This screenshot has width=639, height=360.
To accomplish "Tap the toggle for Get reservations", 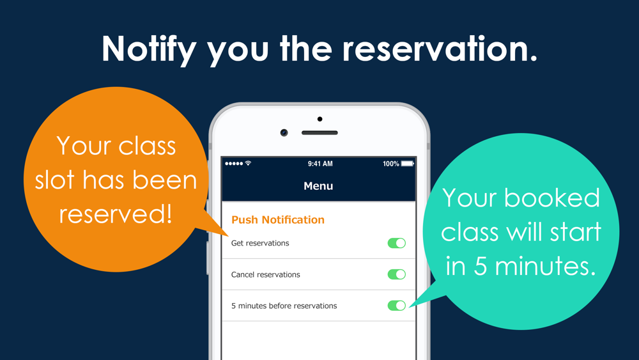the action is click(x=397, y=243).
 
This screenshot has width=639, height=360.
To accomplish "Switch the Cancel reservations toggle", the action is click(x=397, y=274).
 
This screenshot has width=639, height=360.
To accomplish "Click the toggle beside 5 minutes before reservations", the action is click(x=397, y=306).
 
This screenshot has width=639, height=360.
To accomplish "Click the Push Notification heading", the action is click(x=278, y=220).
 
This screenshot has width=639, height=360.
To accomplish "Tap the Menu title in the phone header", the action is click(x=318, y=186).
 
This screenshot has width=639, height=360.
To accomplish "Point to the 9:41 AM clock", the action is click(x=320, y=164).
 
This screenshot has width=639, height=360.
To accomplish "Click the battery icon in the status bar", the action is click(x=408, y=164).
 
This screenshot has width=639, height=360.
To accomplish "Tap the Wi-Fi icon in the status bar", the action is click(x=248, y=163).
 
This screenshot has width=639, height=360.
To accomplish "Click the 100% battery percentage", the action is click(x=391, y=164).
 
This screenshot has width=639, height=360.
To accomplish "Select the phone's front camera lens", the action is click(x=284, y=132).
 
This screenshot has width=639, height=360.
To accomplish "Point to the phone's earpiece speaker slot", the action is click(x=319, y=132).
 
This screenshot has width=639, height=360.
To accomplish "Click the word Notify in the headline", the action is click(x=149, y=50).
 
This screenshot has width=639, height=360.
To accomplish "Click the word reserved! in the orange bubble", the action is click(x=115, y=213).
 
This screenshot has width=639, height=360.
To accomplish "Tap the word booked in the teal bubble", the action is click(x=552, y=198).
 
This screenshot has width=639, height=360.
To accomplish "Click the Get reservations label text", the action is click(x=260, y=243).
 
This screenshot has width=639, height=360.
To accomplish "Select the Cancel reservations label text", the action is click(x=265, y=274).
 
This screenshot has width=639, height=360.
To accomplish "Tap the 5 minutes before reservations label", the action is click(x=284, y=306).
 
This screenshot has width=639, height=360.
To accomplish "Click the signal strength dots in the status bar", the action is click(x=234, y=164).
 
